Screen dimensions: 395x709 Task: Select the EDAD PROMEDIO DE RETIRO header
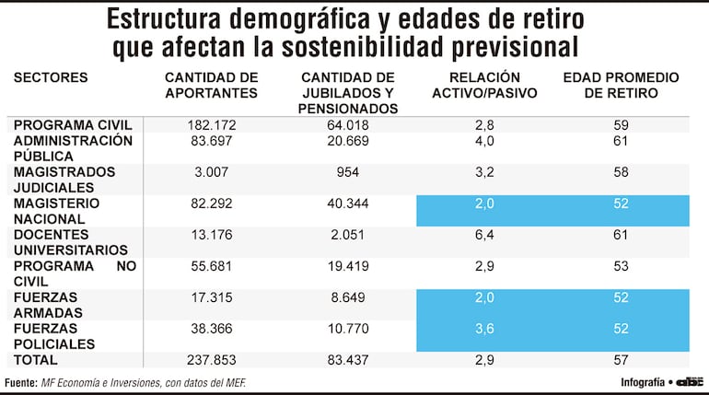tap(621, 85)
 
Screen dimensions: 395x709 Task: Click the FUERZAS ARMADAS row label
tap(46, 305)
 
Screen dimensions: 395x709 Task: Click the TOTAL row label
tap(36, 360)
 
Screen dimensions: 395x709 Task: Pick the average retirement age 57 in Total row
tap(621, 360)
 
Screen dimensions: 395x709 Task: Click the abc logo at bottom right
tap(690, 382)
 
